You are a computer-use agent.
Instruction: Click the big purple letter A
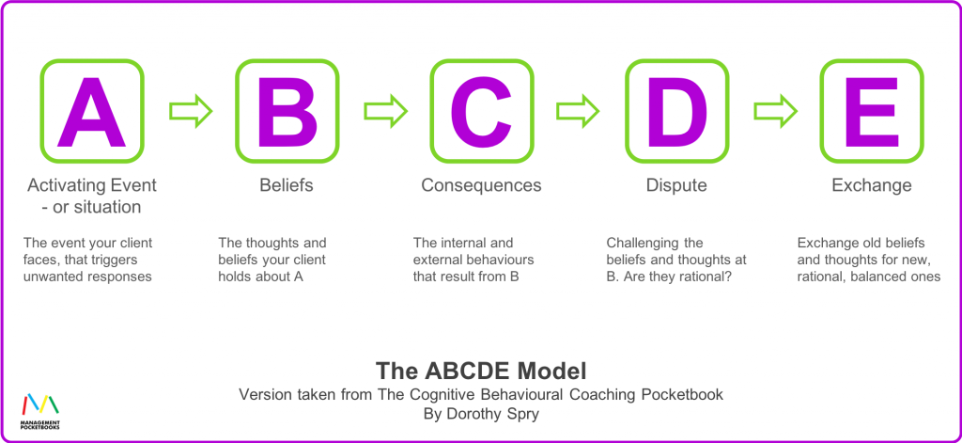(x=91, y=111)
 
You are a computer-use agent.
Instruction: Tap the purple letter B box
(x=287, y=111)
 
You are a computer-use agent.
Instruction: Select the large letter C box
(x=481, y=111)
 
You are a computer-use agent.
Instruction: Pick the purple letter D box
(x=676, y=111)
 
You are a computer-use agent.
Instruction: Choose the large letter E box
(x=871, y=111)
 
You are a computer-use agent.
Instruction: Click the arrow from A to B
(x=191, y=111)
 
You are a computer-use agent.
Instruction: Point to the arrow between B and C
(x=385, y=111)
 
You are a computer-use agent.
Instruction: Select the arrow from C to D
(x=579, y=111)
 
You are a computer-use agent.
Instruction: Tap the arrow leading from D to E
(x=774, y=111)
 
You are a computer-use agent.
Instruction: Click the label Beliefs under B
(x=287, y=185)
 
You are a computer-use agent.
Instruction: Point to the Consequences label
(x=481, y=185)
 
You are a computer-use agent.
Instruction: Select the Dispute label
(x=676, y=185)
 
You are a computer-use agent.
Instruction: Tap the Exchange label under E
(x=871, y=185)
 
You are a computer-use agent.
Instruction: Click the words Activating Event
(x=92, y=185)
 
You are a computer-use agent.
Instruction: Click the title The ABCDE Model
(x=481, y=369)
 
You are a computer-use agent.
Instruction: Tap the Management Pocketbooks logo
(x=39, y=410)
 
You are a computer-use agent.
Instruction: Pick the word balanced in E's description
(x=883, y=277)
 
